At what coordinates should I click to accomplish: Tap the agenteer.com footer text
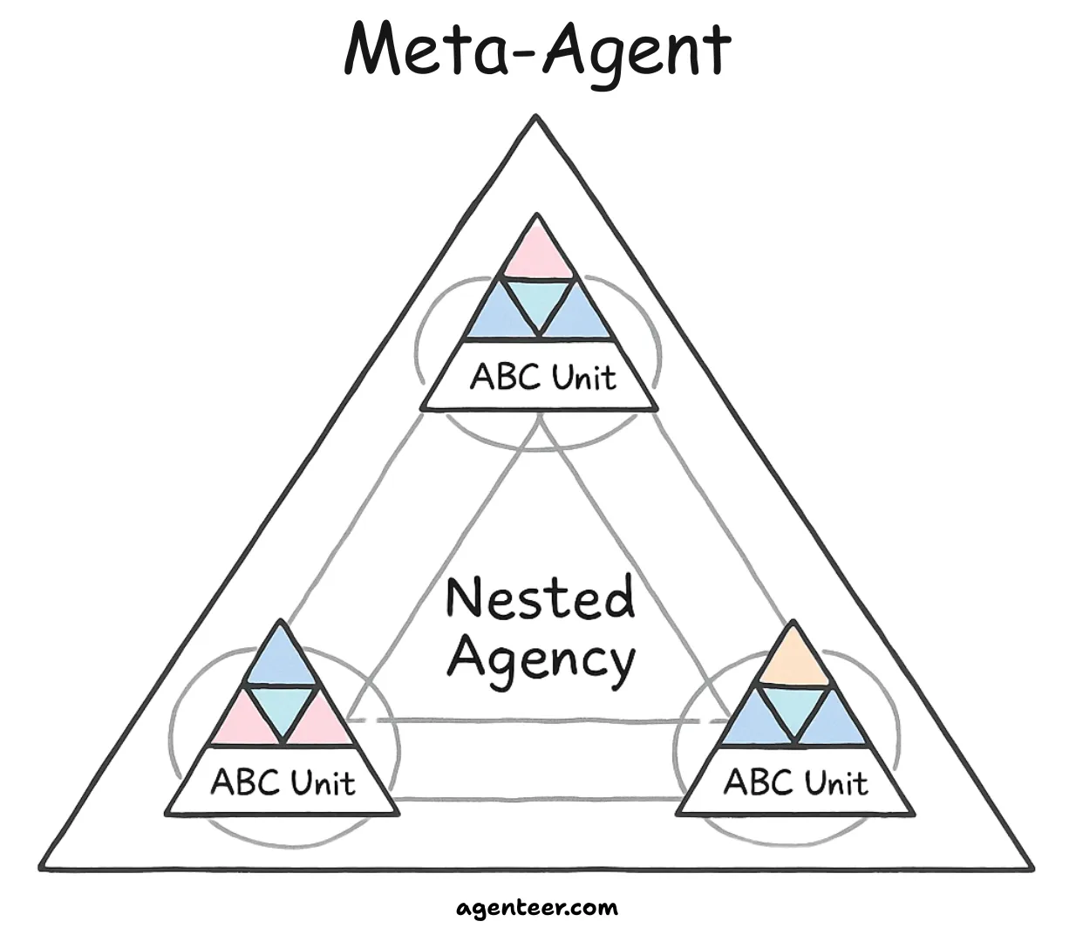click(x=537, y=908)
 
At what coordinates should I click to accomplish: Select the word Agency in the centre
click(x=541, y=659)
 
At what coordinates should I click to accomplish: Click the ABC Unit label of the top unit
click(x=542, y=379)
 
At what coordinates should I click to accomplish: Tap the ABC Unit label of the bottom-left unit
click(x=283, y=782)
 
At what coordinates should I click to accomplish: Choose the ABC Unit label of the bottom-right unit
click(x=795, y=782)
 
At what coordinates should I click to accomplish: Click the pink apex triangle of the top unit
click(x=537, y=252)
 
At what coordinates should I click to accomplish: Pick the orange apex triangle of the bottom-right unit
click(x=793, y=659)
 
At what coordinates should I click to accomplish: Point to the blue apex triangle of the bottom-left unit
click(x=282, y=659)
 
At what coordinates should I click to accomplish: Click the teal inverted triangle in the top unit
click(x=539, y=301)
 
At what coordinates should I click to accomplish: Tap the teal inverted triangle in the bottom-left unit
click(x=282, y=707)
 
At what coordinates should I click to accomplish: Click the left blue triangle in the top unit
click(x=501, y=317)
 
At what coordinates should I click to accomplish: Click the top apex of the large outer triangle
click(x=536, y=116)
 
